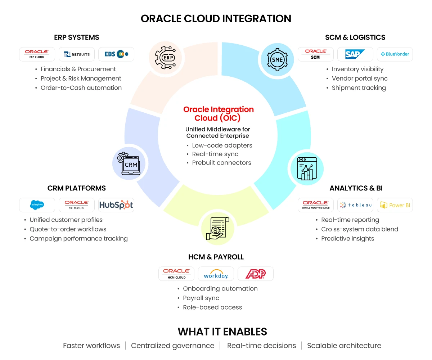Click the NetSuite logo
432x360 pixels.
(77, 54)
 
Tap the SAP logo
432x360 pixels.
(355, 54)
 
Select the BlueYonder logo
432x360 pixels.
(395, 54)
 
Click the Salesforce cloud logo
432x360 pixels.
(37, 205)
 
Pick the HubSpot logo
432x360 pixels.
(116, 205)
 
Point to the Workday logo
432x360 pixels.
(216, 274)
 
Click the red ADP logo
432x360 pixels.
(255, 274)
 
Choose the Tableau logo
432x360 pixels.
(355, 205)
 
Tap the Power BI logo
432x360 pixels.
(395, 205)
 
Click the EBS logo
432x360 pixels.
(116, 54)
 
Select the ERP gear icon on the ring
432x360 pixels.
(166, 57)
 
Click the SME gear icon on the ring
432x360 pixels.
(278, 59)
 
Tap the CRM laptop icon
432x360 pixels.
(129, 163)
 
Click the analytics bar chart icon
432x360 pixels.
(307, 168)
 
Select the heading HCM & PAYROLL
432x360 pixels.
(216, 257)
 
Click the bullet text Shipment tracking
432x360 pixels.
(359, 88)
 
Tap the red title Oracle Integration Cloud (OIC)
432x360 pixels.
(218, 113)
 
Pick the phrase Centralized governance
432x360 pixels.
(173, 346)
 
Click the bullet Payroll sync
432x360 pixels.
(201, 298)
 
